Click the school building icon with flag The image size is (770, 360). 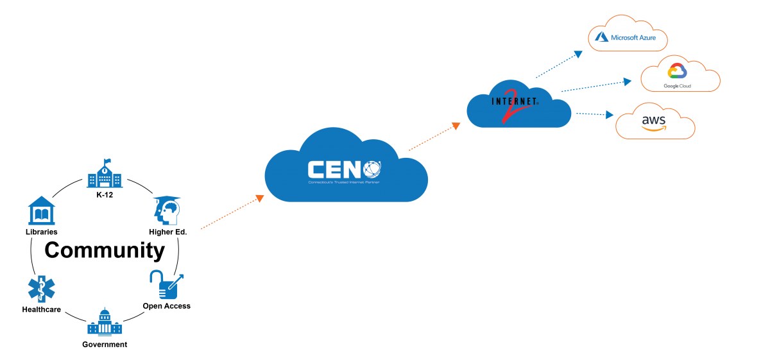pyautogui.click(x=105, y=173)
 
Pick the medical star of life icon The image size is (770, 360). pyautogui.click(x=41, y=289)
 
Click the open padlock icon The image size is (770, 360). pyautogui.click(x=166, y=285)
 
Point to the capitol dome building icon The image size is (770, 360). pyautogui.click(x=105, y=321)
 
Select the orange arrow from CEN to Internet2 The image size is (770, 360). pyautogui.click(x=434, y=136)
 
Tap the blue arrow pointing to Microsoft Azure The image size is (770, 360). pyautogui.click(x=559, y=64)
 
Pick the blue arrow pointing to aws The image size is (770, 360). pyautogui.click(x=595, y=114)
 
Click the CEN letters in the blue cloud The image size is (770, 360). pyautogui.click(x=334, y=169)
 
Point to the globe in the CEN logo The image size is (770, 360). pyautogui.click(x=372, y=169)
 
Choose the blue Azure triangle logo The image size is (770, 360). pyautogui.click(x=601, y=37)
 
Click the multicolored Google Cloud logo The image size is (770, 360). pyautogui.click(x=677, y=71)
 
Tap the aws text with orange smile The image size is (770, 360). pyautogui.click(x=653, y=122)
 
